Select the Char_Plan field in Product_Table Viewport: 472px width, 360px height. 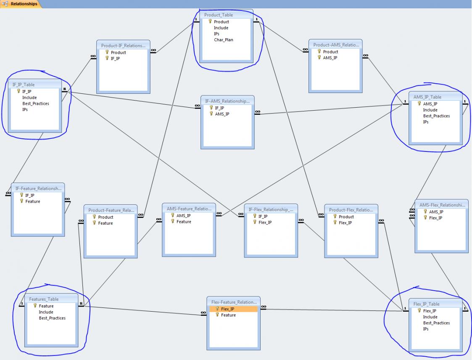(223, 40)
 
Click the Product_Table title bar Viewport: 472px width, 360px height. (218, 15)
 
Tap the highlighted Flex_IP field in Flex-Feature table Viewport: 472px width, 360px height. (227, 309)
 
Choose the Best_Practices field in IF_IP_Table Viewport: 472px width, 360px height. (35, 103)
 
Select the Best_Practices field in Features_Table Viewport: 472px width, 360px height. (52, 318)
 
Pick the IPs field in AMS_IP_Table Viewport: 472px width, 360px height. (426, 122)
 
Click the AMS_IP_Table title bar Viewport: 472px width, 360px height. (427, 97)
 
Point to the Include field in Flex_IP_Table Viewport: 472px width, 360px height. (430, 317)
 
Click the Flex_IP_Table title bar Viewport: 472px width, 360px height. (426, 304)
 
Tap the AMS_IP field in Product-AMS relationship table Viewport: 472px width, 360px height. (330, 58)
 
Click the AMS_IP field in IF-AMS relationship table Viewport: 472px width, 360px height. (222, 114)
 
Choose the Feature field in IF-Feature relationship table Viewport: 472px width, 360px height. (32, 201)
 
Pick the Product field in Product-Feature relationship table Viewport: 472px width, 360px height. (105, 217)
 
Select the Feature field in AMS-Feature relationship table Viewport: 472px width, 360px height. (184, 222)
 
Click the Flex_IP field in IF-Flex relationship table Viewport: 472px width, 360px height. (265, 222)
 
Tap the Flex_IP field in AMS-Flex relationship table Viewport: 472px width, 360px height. (435, 218)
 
